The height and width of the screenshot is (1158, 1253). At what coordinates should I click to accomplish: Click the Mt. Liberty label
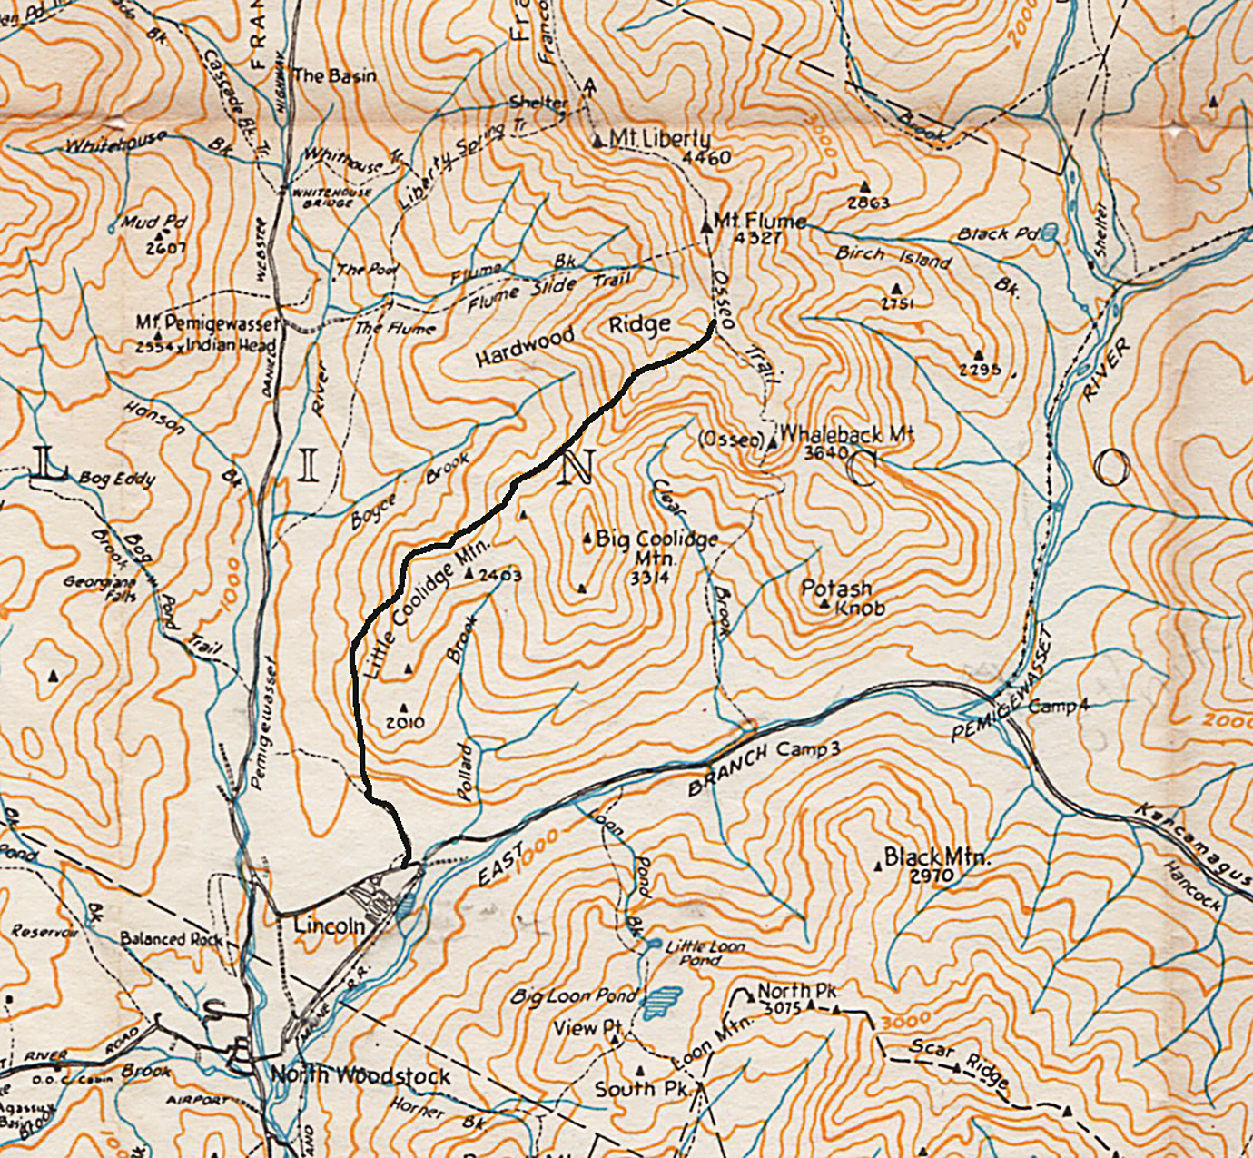(659, 139)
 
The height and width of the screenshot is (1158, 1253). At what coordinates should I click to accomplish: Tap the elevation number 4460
(705, 158)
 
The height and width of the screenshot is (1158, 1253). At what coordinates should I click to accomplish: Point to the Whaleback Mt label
(845, 434)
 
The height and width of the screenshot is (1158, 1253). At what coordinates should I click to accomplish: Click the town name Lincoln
(329, 925)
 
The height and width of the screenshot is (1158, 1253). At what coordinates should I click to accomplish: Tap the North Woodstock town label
(360, 1076)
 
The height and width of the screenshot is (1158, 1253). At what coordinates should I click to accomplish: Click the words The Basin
(334, 76)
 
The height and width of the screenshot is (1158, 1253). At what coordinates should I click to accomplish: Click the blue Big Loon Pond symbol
(663, 1002)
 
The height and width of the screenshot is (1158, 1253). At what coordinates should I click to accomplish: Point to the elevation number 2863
(868, 203)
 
